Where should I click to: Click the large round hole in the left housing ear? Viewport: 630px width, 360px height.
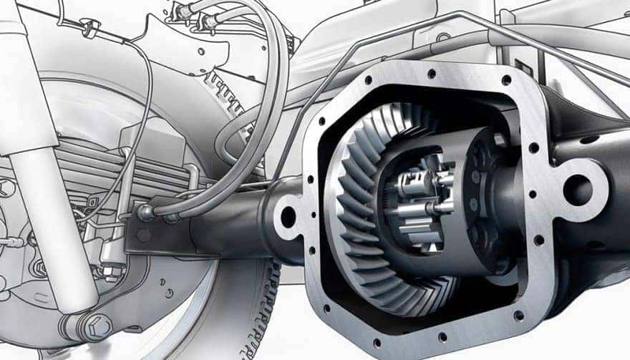click(289, 217)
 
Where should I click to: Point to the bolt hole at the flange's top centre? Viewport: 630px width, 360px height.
click(431, 74)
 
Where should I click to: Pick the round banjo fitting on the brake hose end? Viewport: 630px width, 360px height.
click(146, 213)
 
